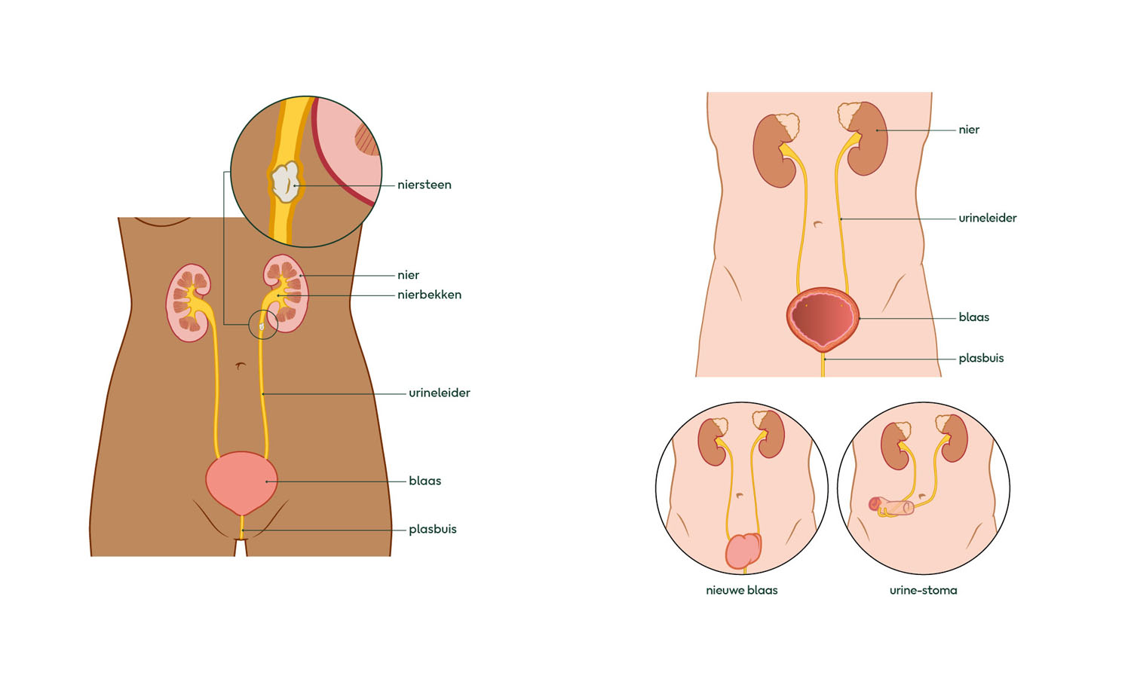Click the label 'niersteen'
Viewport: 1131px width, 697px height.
424,185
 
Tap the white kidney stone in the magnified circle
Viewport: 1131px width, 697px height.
285,182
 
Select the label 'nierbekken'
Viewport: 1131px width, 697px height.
429,295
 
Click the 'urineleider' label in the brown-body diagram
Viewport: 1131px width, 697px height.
440,393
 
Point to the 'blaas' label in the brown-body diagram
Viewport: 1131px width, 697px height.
425,481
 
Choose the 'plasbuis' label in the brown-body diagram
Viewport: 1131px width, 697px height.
432,530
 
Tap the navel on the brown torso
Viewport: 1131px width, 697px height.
241,365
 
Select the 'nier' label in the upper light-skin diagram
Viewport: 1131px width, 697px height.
969,130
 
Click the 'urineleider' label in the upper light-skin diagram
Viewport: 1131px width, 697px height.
988,218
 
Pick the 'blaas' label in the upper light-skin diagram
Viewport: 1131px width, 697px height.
974,317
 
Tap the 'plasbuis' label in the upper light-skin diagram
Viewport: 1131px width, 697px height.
981,359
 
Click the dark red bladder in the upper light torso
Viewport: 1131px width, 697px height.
823,319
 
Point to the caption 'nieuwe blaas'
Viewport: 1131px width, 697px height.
742,590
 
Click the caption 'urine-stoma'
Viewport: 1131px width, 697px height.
923,590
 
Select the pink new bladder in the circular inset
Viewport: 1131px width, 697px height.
743,551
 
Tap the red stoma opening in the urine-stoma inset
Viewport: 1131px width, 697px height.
875,503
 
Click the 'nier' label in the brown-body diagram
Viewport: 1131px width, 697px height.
408,275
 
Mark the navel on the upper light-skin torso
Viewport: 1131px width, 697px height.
818,224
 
